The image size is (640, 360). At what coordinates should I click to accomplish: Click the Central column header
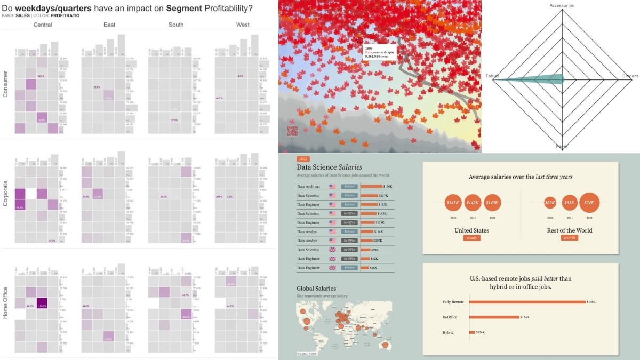[x=42, y=25]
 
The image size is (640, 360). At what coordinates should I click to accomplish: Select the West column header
[x=243, y=25]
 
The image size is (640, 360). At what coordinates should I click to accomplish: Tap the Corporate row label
[x=6, y=194]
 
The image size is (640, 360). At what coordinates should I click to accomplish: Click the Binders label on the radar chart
[x=630, y=76]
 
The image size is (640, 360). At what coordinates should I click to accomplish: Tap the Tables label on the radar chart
[x=492, y=76]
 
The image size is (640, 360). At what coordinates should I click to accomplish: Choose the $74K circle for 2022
[x=589, y=203]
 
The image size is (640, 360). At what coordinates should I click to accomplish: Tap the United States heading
[x=471, y=230]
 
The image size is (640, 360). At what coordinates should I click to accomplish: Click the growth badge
[x=569, y=238]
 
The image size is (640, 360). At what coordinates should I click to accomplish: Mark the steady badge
[x=471, y=238]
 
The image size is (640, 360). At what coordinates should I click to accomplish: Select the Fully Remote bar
[x=527, y=302]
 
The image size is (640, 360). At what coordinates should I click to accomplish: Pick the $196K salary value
[x=388, y=186]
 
